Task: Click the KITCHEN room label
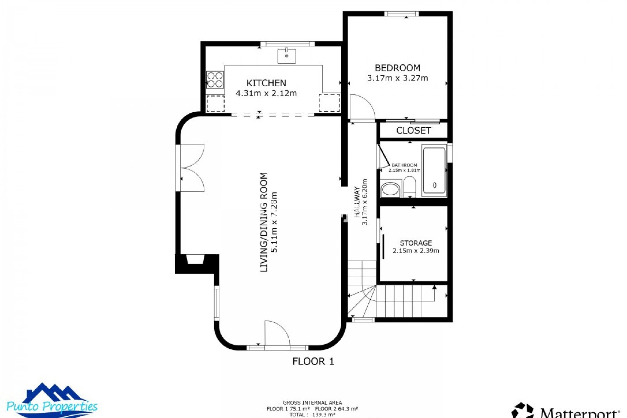pyautogui.click(x=266, y=83)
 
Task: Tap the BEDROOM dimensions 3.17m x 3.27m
pyautogui.click(x=397, y=78)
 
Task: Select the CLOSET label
pyautogui.click(x=413, y=131)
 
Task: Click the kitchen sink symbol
pyautogui.click(x=286, y=56)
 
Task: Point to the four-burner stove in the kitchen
pyautogui.click(x=215, y=80)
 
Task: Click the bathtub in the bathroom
pyautogui.click(x=434, y=171)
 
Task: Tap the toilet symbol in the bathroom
pyautogui.click(x=409, y=187)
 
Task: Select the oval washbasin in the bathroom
pyautogui.click(x=390, y=189)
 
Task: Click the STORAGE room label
pyautogui.click(x=416, y=243)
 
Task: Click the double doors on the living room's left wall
pyautogui.click(x=192, y=168)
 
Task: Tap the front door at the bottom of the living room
pyautogui.click(x=277, y=335)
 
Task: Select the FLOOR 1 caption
pyautogui.click(x=313, y=361)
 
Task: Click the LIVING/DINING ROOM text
pyautogui.click(x=264, y=222)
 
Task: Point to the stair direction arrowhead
pyautogui.click(x=434, y=287)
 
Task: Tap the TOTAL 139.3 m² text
pyautogui.click(x=312, y=414)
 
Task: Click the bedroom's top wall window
pyautogui.click(x=401, y=14)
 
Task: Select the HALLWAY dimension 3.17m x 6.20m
pyautogui.click(x=365, y=202)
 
